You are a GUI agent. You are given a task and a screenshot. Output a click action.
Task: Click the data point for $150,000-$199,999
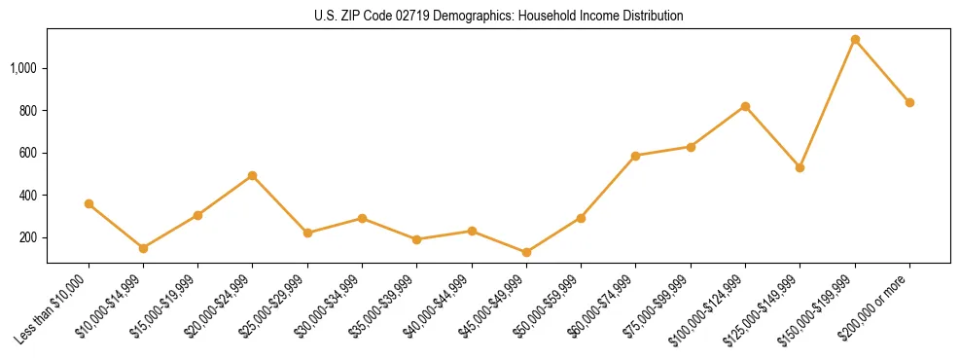(x=855, y=40)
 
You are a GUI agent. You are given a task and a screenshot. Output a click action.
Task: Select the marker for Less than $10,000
(x=89, y=203)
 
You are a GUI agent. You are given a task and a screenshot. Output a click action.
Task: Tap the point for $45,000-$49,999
(x=526, y=252)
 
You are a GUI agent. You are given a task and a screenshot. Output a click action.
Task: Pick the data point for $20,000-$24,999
(x=253, y=176)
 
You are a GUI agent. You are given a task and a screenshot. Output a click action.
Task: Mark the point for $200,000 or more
(x=909, y=102)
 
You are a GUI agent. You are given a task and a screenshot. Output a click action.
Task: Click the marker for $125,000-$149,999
(x=800, y=167)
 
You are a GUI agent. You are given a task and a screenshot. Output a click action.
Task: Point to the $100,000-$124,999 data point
(x=745, y=106)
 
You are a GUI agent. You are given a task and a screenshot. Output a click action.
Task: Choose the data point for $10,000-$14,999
(x=143, y=248)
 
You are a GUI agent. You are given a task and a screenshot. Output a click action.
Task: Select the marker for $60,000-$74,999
(x=635, y=156)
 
